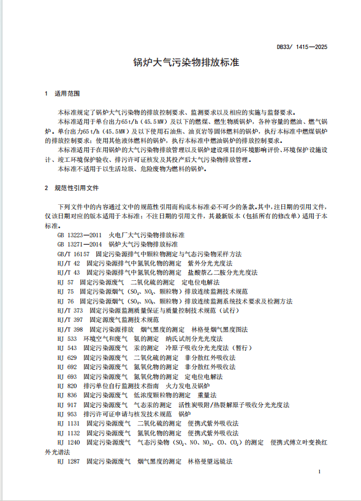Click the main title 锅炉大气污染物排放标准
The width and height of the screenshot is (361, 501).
tap(180, 63)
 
